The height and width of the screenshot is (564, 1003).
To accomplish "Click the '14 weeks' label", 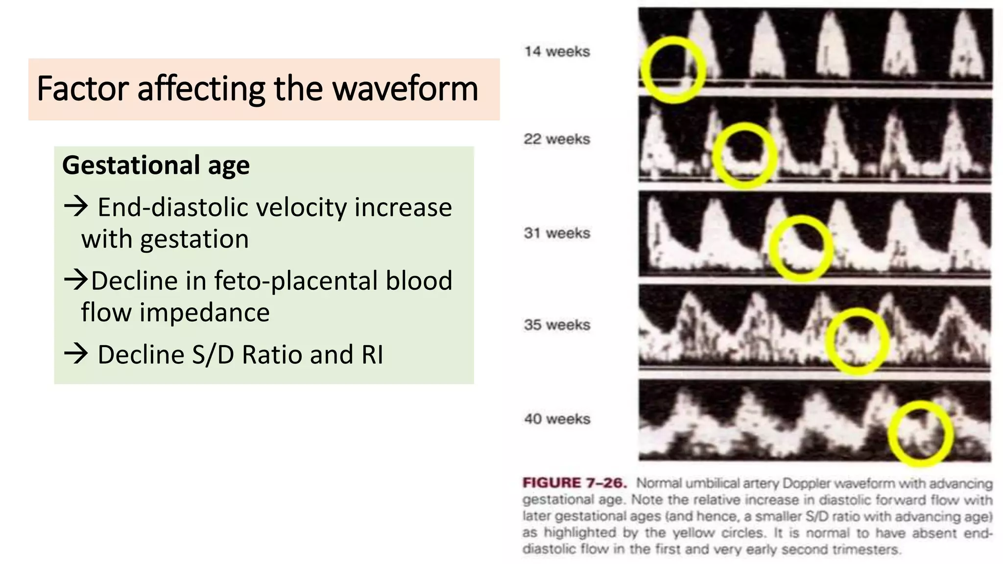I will point(557,51).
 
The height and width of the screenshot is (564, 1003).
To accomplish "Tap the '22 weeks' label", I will point(557,139).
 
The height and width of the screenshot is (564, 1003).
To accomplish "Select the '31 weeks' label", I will point(557,233).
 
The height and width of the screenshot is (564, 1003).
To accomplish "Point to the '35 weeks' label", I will point(557,325).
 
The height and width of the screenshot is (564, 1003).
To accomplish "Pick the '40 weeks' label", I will point(557,419).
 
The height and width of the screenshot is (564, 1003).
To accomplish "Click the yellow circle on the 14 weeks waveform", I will point(673,70).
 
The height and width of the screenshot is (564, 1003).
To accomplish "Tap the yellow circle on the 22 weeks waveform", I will point(744,156).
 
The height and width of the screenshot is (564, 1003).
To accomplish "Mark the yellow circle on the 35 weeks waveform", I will point(858,341).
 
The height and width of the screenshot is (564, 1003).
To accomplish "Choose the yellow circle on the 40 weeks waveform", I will point(921,434).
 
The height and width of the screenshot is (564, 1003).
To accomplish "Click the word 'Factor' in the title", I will point(83,89).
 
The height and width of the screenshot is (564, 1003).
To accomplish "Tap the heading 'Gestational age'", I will point(156,165).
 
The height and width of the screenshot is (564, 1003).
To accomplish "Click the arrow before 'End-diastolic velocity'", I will point(76,207).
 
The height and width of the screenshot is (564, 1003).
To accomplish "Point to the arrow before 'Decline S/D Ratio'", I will point(76,354).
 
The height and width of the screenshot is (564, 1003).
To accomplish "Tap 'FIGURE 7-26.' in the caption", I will point(574,483).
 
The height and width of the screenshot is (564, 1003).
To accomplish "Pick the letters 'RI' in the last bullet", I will point(372,355).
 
